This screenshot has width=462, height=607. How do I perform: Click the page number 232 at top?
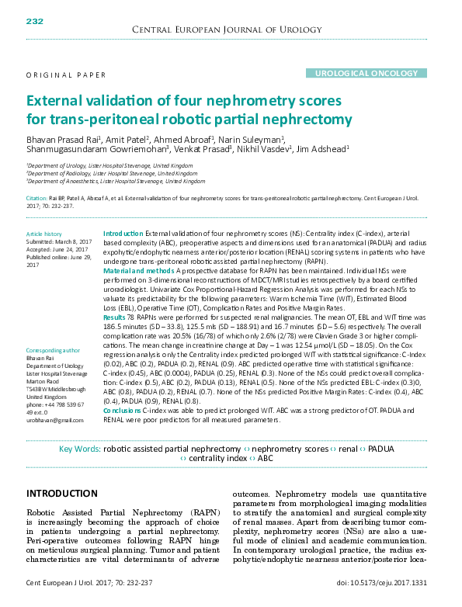(35, 20)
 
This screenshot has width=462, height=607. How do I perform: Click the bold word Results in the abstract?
(114, 317)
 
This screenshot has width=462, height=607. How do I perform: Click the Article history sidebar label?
(43, 234)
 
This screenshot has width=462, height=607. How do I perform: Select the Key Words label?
(79, 449)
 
